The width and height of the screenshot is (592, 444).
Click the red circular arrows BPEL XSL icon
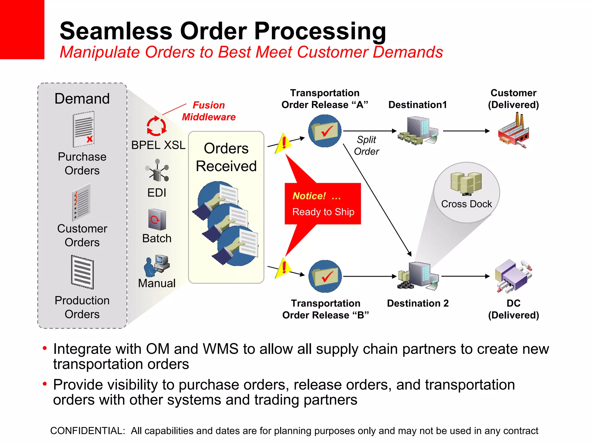[x=156, y=126]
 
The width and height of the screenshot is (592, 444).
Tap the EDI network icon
[x=157, y=171]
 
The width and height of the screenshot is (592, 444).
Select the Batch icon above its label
[x=157, y=220]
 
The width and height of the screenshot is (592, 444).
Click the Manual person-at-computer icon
[x=157, y=266]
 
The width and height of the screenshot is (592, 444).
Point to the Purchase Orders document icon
[x=84, y=129]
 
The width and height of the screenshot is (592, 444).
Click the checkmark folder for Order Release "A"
[x=325, y=131]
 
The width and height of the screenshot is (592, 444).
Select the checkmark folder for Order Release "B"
[x=325, y=276]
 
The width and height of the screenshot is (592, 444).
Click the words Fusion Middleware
[x=209, y=111]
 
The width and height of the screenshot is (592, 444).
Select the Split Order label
[x=366, y=145]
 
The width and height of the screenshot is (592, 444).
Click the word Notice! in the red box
[x=309, y=196]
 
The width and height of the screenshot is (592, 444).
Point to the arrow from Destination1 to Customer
[x=466, y=131]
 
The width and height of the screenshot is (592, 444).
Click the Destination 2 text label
[x=418, y=303]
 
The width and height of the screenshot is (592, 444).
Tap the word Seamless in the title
[x=116, y=31]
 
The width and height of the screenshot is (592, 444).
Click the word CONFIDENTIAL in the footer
[x=87, y=431]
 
